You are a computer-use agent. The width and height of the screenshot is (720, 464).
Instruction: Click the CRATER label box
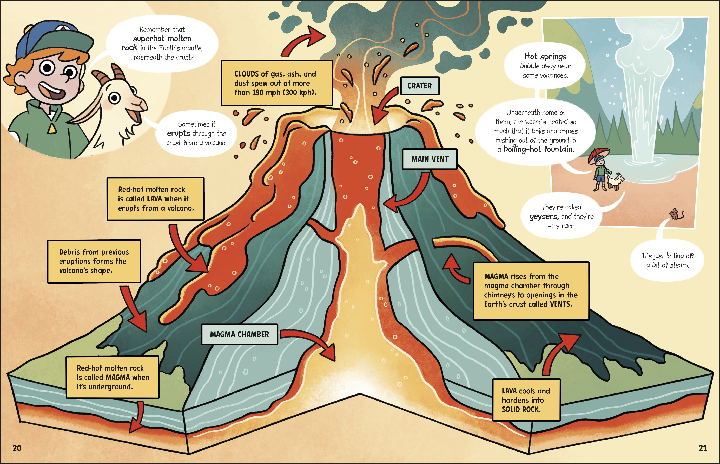tap(420, 86)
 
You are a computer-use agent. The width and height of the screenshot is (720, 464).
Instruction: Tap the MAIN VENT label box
tap(430, 159)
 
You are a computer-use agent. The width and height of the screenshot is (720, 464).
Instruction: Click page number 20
tap(17, 448)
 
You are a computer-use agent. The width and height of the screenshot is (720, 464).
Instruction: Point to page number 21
tap(703, 448)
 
